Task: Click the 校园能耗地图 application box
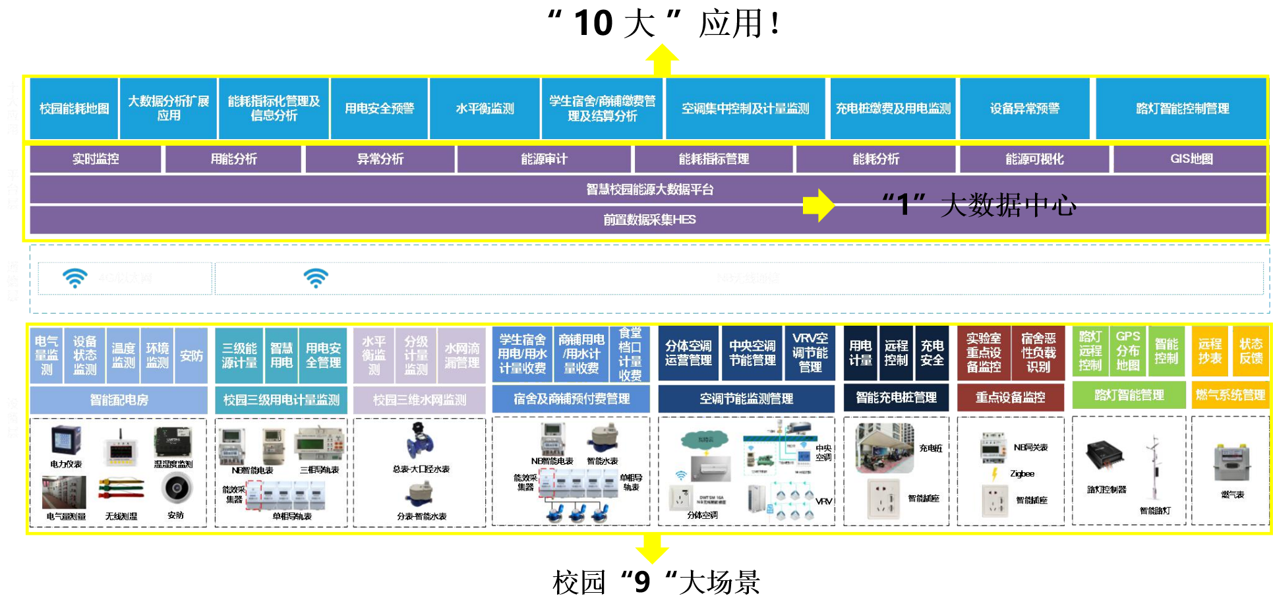pyautogui.click(x=74, y=109)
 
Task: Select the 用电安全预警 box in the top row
pyautogui.click(x=379, y=109)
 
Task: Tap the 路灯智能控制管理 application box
pyautogui.click(x=1182, y=109)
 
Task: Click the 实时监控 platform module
pyautogui.click(x=96, y=159)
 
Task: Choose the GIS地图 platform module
pyautogui.click(x=1191, y=159)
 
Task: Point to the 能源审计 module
pyautogui.click(x=544, y=159)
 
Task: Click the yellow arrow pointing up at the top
pyautogui.click(x=662, y=59)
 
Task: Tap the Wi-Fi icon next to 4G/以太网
pyautogui.click(x=74, y=278)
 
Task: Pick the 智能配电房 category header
pyautogui.click(x=119, y=400)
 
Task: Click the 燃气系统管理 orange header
pyautogui.click(x=1230, y=395)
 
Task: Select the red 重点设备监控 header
pyautogui.click(x=1010, y=398)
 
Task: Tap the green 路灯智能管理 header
pyautogui.click(x=1129, y=395)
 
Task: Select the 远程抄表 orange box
pyautogui.click(x=1210, y=351)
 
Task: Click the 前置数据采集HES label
pyautogui.click(x=649, y=220)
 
